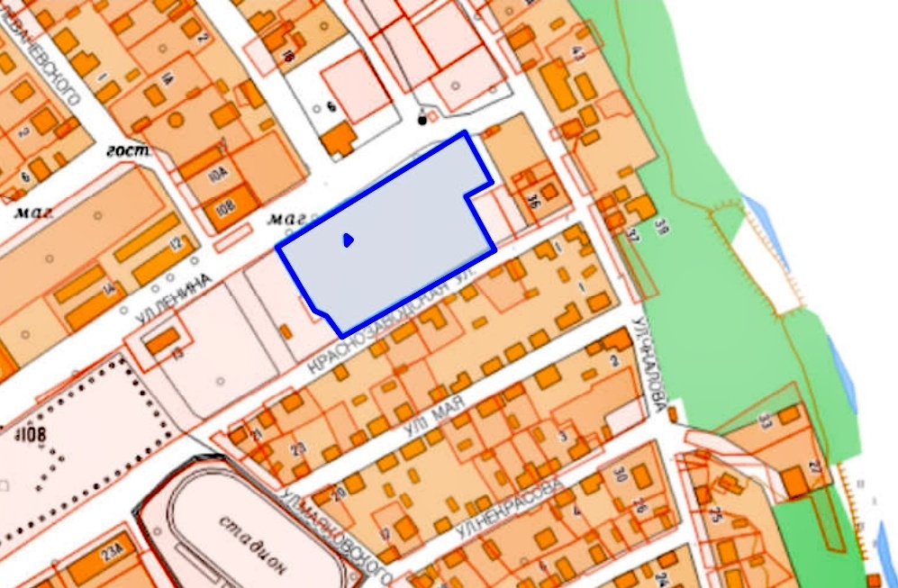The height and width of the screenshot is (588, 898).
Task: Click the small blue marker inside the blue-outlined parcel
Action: pos(348,240)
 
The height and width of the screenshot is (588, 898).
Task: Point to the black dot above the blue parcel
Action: pos(422,119)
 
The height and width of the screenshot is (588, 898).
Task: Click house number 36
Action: pos(533,201)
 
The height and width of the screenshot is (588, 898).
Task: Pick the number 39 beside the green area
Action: pos(661,224)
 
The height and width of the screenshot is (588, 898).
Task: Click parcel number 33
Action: pos(765,421)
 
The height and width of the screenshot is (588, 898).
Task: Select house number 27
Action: pos(816,466)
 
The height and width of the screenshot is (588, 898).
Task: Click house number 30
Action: pos(620,475)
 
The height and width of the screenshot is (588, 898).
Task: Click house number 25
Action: pos(714,514)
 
